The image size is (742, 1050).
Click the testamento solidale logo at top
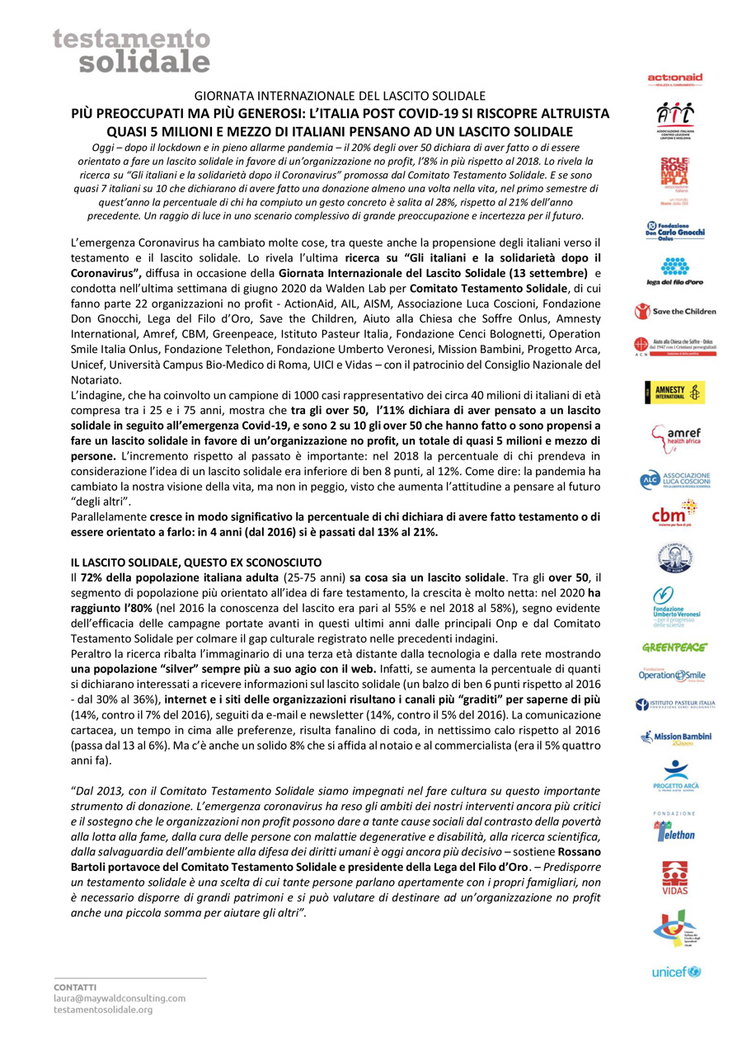pos(131,50)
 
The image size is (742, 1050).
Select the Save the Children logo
pos(674,312)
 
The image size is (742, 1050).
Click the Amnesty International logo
pos(674,393)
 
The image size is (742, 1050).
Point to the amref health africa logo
pos(674,438)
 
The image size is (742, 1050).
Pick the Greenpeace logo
pos(674,647)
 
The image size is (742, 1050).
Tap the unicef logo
pos(674,972)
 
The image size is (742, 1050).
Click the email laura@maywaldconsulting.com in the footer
pos(120,997)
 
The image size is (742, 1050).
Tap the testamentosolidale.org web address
pos(102,1009)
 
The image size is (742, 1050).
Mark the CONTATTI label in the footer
pos(75,986)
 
